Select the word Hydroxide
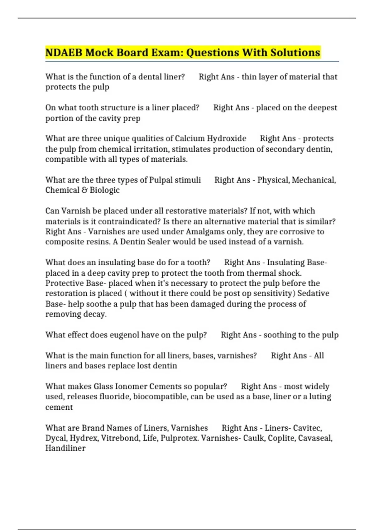227,138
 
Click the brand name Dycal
56,438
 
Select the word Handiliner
65,448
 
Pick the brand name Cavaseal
315,438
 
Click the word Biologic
105,190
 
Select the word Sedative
313,293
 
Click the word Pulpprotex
184,438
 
